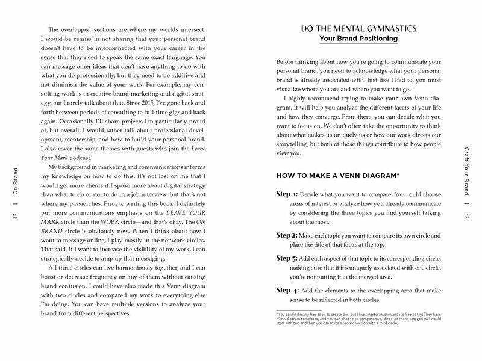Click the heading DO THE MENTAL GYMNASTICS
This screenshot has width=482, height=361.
(358, 28)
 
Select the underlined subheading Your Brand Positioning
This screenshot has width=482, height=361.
(358, 40)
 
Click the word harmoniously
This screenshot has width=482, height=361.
(130, 282)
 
